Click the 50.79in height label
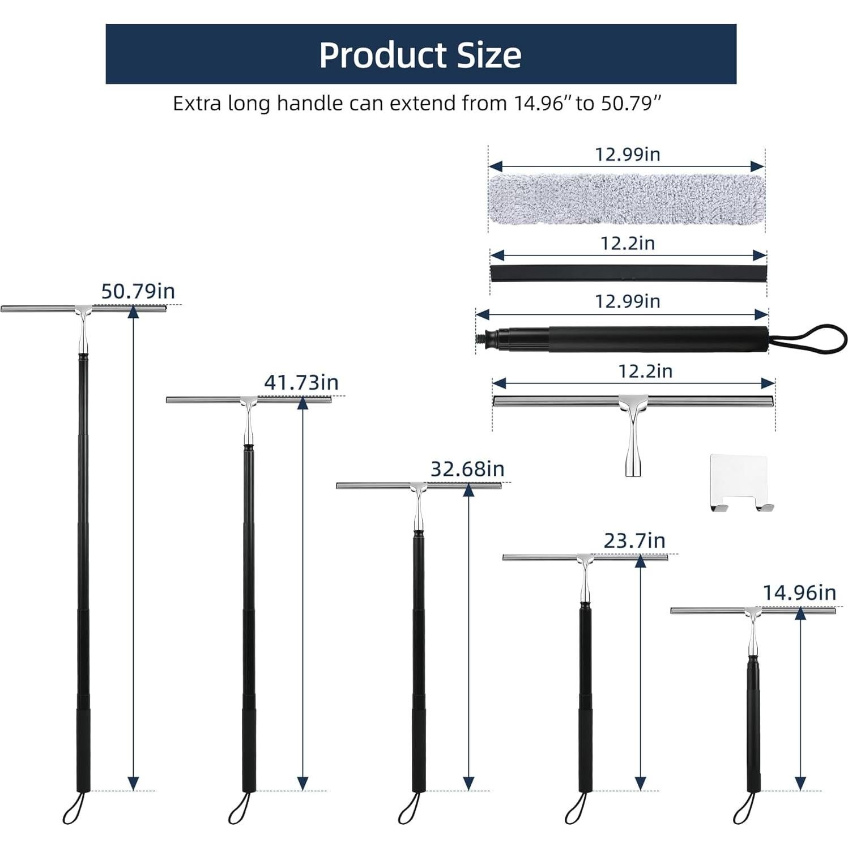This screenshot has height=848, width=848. [x=138, y=291]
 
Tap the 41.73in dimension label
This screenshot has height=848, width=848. [x=301, y=382]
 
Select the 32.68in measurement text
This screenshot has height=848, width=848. [x=467, y=469]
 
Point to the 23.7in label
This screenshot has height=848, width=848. [x=634, y=541]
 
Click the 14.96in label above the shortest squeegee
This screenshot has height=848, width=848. [x=799, y=593]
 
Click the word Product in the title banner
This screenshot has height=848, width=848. [x=383, y=55]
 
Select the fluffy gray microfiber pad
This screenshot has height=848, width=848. [x=626, y=198]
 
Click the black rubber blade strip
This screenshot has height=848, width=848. [x=628, y=273]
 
